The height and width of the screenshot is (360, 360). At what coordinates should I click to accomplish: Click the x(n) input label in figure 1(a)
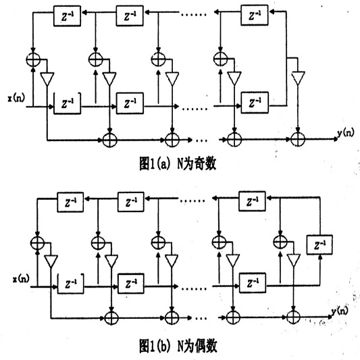16,98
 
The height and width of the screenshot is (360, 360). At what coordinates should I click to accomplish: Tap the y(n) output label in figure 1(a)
345,133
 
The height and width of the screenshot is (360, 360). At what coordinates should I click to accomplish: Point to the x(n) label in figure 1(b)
21,279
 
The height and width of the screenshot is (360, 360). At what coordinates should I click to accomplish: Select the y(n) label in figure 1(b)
340,311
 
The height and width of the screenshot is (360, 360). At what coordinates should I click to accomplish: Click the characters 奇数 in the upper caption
205,164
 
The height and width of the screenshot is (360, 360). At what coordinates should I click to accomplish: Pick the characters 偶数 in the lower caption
206,346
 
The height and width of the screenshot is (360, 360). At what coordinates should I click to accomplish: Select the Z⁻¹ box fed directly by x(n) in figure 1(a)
68,103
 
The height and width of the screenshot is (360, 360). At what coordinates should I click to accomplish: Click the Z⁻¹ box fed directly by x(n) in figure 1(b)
70,284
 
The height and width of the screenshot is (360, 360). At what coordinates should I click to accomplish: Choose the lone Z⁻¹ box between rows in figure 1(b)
319,245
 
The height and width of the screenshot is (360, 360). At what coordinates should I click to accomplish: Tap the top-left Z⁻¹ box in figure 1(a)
67,16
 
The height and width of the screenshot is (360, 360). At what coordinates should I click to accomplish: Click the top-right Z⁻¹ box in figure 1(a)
255,15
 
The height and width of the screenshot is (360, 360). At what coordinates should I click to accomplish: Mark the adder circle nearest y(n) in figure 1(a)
298,139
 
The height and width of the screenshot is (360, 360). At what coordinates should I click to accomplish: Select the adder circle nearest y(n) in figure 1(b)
293,317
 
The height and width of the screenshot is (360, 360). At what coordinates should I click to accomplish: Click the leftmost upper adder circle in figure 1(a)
33,59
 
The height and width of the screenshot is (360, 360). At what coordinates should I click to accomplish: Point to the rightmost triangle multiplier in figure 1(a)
298,78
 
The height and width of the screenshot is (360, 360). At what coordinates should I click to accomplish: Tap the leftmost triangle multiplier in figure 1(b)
51,261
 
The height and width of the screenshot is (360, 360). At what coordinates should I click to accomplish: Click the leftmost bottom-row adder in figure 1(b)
111,317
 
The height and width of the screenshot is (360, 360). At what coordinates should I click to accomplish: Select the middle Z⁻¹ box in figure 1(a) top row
130,16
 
